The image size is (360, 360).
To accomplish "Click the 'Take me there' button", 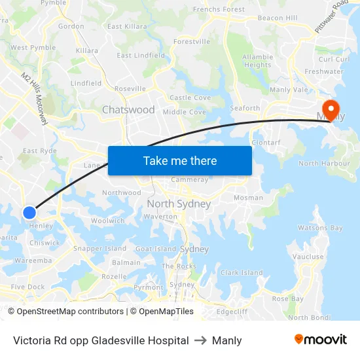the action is [x=179, y=160].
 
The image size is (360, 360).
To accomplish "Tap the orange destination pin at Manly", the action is [x=330, y=108].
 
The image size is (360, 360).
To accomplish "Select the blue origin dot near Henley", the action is [x=29, y=212].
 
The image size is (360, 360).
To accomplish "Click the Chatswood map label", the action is [x=128, y=110].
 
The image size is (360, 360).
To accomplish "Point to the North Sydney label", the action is [x=179, y=204].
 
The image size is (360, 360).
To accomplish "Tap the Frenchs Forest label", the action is [x=219, y=10].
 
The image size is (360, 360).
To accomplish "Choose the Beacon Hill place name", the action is [x=278, y=18].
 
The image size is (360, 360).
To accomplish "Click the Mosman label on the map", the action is [x=248, y=198].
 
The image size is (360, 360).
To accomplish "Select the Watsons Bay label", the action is [x=320, y=228].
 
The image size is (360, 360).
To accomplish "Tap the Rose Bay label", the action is [x=288, y=298].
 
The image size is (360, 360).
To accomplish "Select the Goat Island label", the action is [x=156, y=249].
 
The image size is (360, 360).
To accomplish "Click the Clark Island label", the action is [x=242, y=273].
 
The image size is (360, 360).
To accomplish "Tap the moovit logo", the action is [x=320, y=340].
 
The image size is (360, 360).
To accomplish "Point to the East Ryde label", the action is [x=39, y=151].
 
